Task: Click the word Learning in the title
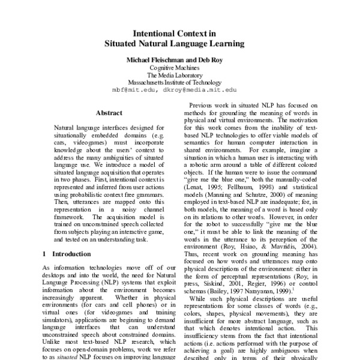[x=222, y=44]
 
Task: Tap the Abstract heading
[x=109, y=112]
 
